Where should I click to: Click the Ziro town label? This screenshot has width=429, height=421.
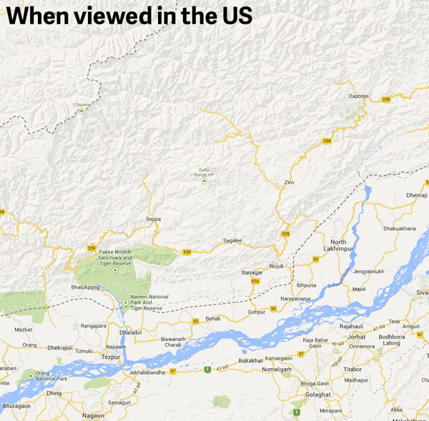(289, 183)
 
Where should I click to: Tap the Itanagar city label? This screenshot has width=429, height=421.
(252, 272)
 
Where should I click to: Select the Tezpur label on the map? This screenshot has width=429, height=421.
(111, 356)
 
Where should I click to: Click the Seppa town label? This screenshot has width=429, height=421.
(153, 219)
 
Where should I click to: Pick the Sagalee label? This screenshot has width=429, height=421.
(233, 241)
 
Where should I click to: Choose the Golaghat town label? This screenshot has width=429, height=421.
(317, 394)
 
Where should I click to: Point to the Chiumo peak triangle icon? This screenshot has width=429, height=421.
(82, 111)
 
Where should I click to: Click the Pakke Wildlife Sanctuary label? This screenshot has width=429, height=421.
(115, 258)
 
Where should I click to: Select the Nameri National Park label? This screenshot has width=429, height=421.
(149, 302)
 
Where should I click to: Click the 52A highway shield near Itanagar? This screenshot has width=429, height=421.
(255, 282)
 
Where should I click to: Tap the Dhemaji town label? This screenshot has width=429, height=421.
(416, 194)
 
